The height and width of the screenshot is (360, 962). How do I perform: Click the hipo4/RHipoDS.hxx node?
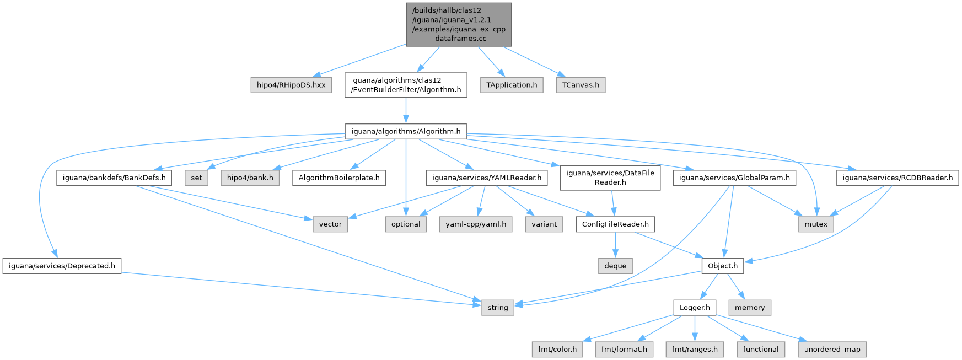click(291, 85)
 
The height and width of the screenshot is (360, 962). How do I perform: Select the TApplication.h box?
click(512, 85)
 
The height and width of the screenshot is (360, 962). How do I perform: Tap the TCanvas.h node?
click(581, 85)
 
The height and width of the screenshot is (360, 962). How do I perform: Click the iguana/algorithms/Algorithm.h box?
click(406, 131)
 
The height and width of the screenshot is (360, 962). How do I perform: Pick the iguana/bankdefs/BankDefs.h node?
click(114, 178)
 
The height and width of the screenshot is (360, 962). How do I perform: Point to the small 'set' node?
click(197, 178)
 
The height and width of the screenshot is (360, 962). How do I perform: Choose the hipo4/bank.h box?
click(250, 178)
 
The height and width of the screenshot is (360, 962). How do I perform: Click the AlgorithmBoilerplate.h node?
click(339, 178)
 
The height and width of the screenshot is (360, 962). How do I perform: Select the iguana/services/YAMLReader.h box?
click(487, 178)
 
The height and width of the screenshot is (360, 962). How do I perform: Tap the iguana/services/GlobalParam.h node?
click(734, 178)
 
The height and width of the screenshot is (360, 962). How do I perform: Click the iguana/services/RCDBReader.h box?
click(897, 178)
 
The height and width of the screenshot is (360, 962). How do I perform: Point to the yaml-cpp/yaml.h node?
click(476, 224)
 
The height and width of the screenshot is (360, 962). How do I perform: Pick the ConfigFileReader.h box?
click(615, 224)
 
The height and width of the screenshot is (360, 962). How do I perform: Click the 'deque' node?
click(615, 266)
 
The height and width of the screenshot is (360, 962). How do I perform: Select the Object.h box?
click(723, 266)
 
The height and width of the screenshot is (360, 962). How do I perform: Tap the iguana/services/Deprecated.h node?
click(62, 266)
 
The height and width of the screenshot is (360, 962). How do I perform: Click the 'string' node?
click(498, 308)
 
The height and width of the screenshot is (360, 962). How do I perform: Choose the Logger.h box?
click(695, 308)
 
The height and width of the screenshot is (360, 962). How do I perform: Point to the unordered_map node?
click(832, 350)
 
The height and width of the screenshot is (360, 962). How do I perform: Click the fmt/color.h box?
click(557, 350)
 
